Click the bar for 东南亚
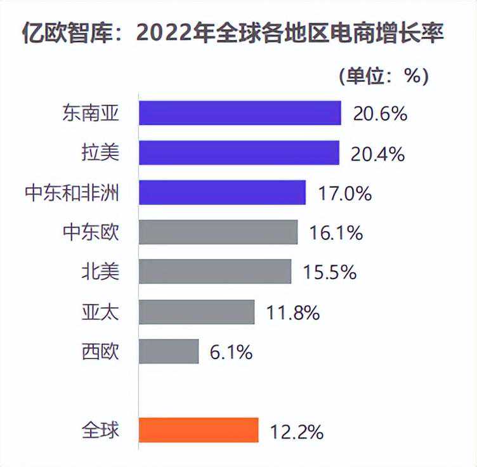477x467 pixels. point(240,113)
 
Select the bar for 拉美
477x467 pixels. point(239,153)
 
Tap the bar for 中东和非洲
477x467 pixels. point(222,192)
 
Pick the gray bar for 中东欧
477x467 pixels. point(218,232)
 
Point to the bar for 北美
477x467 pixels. point(215,272)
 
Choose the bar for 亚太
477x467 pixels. point(197,312)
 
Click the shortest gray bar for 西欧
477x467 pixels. point(169,351)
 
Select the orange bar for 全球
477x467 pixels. point(199,430)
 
